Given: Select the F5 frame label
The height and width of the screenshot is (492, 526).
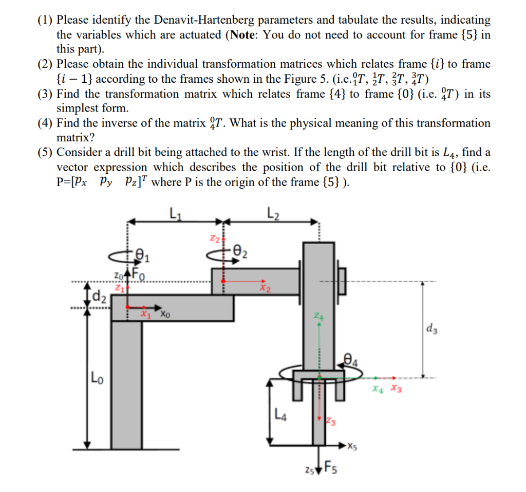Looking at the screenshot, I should click(x=329, y=470).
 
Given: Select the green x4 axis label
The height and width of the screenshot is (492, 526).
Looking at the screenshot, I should click(x=379, y=389).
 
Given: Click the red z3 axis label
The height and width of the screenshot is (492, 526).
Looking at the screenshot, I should click(x=331, y=423).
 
